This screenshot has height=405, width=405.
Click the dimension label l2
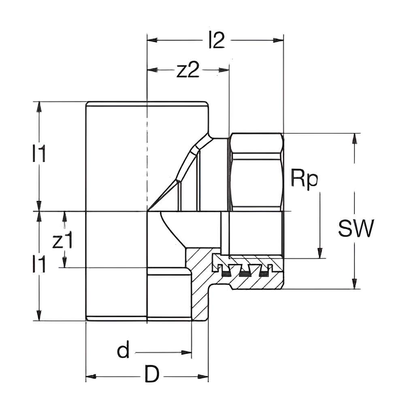[x=216, y=41]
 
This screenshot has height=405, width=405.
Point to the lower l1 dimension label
[x=39, y=265]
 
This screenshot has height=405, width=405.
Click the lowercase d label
[x=123, y=352]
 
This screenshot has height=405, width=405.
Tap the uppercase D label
[x=152, y=375]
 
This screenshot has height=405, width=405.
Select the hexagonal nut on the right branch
[x=256, y=172]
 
